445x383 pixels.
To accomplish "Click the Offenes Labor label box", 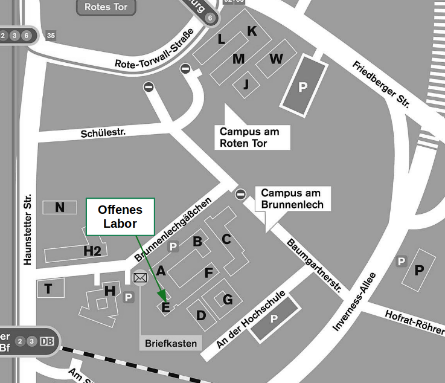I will click(121, 216).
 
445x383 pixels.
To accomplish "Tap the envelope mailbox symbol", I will click(141, 278).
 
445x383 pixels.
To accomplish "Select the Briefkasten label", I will click(171, 343).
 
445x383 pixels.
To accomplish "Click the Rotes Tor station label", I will click(106, 7).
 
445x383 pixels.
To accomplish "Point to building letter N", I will click(60, 208).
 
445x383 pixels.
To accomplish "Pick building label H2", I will click(92, 251).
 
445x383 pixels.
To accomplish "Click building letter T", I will click(48, 289).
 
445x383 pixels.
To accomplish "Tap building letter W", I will click(276, 59).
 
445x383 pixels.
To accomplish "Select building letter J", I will click(246, 85).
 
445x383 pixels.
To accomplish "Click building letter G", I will click(228, 299).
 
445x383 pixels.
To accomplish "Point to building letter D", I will click(202, 315).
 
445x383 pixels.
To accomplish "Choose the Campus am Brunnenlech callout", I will click(292, 199).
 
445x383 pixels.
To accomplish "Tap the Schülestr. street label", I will click(103, 131).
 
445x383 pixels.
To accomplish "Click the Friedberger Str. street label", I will click(381, 85).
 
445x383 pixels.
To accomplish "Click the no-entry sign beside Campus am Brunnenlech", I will click(241, 194).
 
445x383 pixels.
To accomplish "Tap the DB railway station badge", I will click(46, 341).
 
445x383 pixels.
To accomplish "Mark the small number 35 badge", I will click(51, 36).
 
